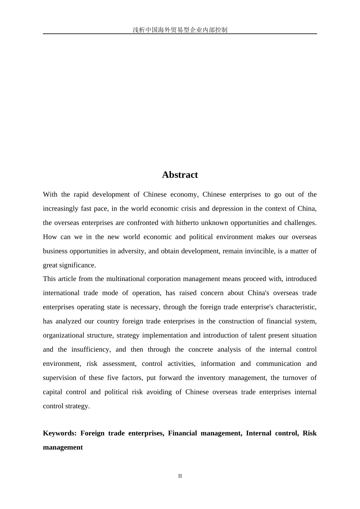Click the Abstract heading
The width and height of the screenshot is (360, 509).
pyautogui.click(x=180, y=175)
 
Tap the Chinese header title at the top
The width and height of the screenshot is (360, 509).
pyautogui.click(x=180, y=30)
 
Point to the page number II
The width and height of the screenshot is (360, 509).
pyautogui.click(x=180, y=476)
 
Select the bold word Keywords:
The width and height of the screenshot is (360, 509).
pyautogui.click(x=60, y=433)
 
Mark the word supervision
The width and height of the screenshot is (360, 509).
pyautogui.click(x=59, y=378)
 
